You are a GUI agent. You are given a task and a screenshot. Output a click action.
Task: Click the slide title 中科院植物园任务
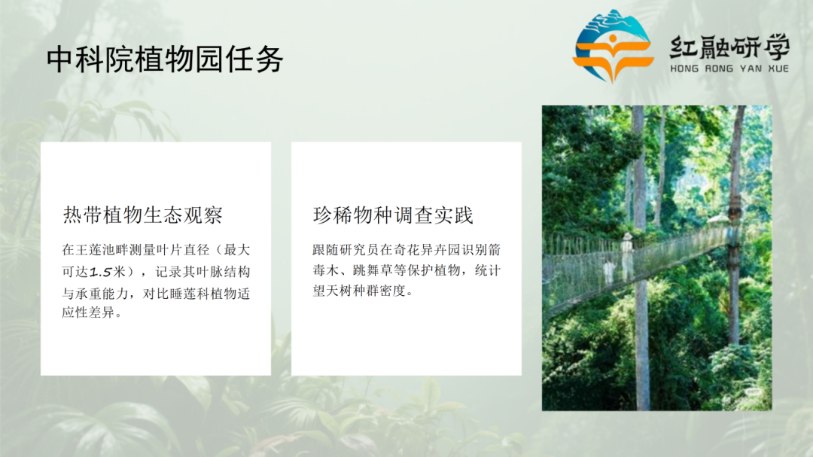click(165, 59)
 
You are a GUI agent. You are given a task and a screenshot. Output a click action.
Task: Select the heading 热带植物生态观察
click(143, 215)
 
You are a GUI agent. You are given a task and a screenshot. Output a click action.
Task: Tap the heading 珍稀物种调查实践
click(393, 215)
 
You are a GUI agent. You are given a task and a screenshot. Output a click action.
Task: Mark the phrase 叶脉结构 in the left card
click(224, 271)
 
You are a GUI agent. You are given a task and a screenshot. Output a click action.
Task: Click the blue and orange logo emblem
click(613, 47)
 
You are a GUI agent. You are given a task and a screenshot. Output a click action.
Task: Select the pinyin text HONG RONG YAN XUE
click(729, 69)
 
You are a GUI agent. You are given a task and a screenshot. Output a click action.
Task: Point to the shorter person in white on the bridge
click(608, 271)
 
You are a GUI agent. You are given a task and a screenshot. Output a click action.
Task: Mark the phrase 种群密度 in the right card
click(388, 291)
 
